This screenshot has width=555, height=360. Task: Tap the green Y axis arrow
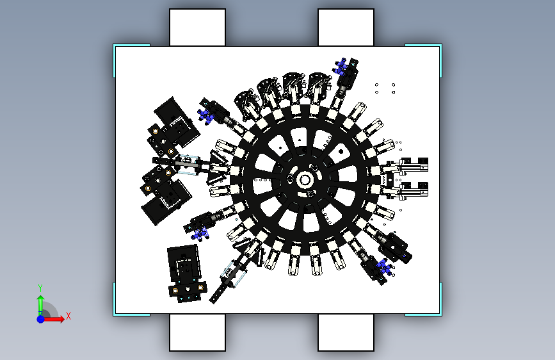click(40, 304)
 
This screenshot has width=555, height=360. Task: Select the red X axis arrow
click(53, 319)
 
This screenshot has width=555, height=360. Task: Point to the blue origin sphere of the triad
click(41, 319)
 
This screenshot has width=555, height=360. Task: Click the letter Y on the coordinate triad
click(40, 288)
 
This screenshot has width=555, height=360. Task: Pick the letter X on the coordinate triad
click(68, 316)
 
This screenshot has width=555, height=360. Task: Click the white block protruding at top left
click(198, 28)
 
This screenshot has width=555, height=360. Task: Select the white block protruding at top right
click(346, 28)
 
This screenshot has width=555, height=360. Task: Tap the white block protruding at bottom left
click(198, 332)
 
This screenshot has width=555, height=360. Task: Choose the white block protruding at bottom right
click(346, 332)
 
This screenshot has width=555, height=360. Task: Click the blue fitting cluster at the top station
click(340, 67)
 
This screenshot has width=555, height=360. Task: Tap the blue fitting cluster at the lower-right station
click(385, 267)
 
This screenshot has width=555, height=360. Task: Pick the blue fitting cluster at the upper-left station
click(205, 116)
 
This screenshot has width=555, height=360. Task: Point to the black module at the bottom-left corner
click(186, 274)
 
